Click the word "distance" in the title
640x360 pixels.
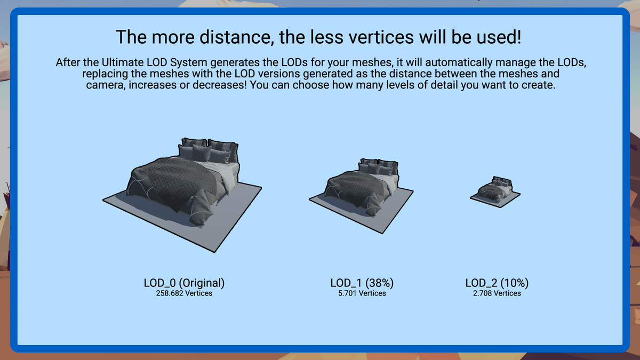(237, 37)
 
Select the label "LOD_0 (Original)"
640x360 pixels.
(184, 283)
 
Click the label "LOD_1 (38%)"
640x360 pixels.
(362, 283)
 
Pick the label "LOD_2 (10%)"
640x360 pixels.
(497, 283)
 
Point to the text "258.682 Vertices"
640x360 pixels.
(184, 293)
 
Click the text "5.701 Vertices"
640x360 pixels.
(362, 293)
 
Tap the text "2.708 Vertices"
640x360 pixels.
(497, 293)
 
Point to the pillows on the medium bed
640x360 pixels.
(378, 167)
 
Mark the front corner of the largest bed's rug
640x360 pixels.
(215, 252)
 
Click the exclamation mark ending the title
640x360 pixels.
(519, 37)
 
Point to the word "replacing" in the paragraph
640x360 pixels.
(105, 74)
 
